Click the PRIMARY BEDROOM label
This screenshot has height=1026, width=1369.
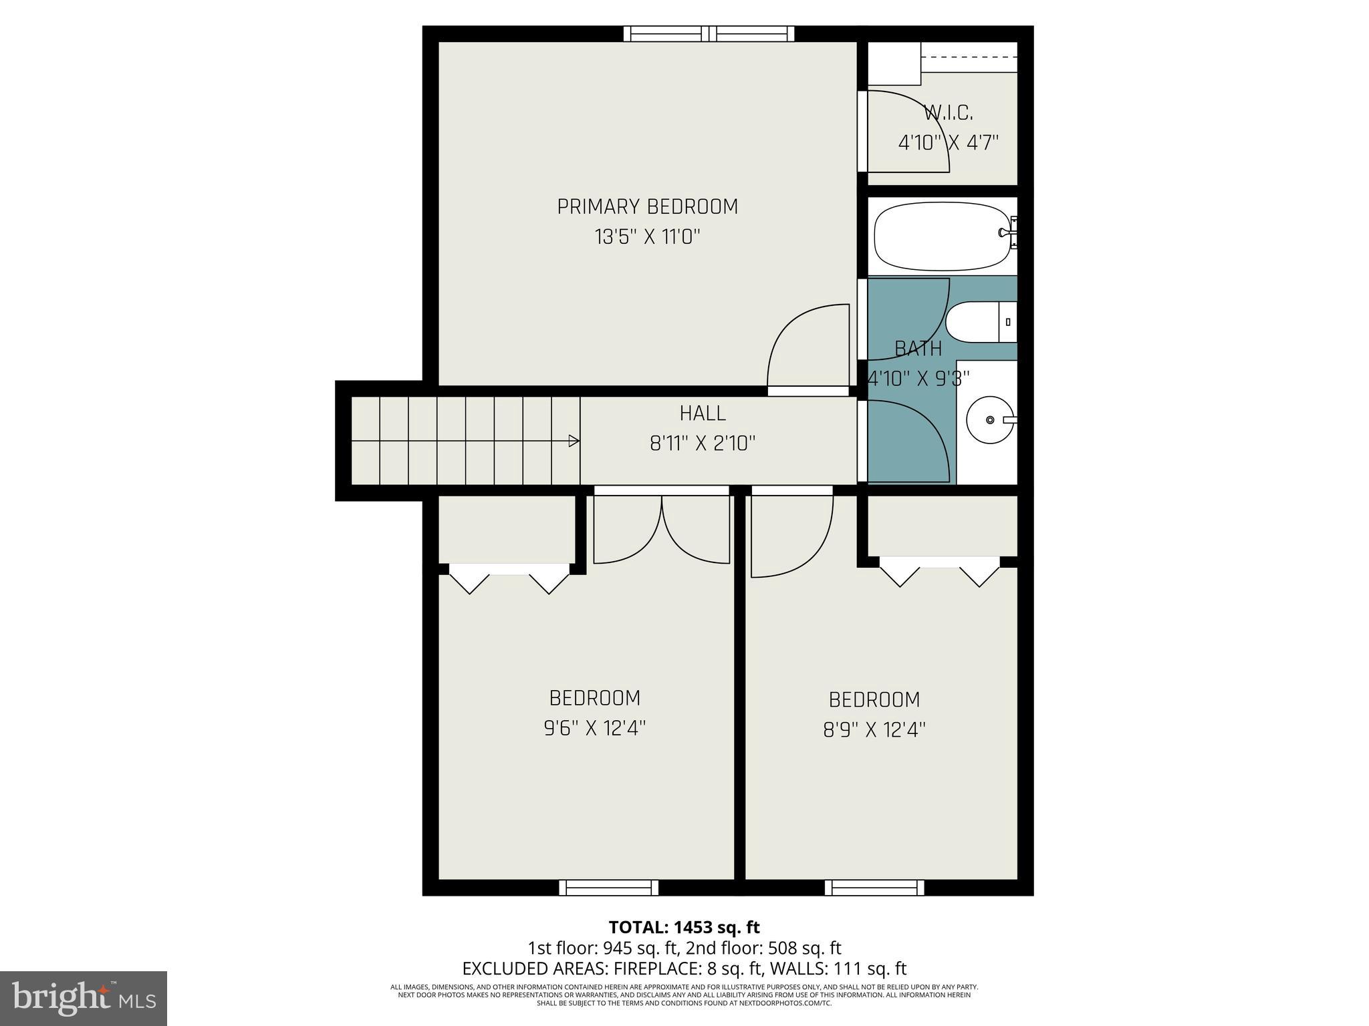[647, 207]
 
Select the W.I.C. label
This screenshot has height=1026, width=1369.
[948, 113]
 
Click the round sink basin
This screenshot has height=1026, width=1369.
[990, 420]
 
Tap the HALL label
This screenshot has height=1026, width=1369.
[703, 413]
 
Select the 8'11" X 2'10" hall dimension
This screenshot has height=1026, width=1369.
[703, 444]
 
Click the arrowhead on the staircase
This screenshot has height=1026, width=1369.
[574, 441]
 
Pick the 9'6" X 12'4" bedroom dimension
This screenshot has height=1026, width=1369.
[594, 728]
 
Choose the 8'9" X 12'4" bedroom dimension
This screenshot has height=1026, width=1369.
[874, 730]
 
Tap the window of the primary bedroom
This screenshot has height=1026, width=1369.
[709, 33]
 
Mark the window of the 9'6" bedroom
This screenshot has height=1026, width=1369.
[608, 888]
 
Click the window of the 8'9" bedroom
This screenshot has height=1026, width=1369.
[874, 888]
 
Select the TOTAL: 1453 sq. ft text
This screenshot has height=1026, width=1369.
[684, 927]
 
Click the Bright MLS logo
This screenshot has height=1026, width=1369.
[84, 998]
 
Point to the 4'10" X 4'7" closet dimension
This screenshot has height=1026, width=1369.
[948, 143]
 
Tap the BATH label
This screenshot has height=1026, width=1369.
[918, 349]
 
